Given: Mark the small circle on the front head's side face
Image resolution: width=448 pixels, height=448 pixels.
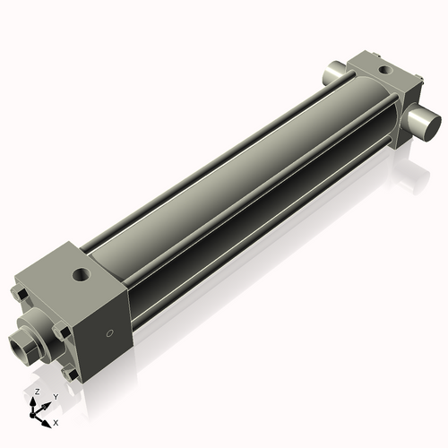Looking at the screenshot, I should click(110, 334).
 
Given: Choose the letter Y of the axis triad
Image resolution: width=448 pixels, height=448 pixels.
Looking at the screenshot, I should click(56, 397).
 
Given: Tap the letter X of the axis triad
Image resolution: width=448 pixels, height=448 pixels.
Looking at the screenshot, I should click(56, 421).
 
